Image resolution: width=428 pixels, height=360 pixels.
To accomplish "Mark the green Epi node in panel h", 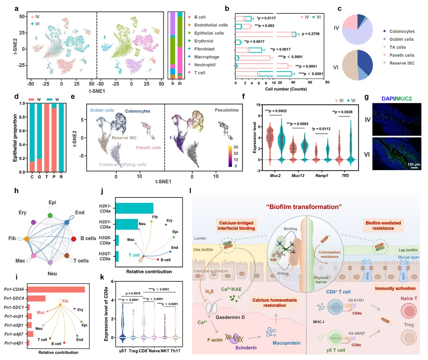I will coord(50,215).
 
